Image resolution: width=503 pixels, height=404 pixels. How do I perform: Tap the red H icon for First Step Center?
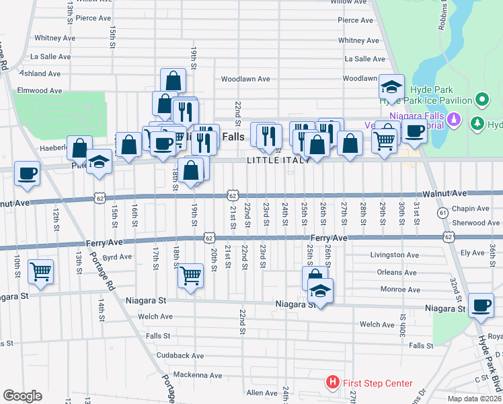point(332,383)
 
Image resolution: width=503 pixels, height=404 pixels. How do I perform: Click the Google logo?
point(23,395)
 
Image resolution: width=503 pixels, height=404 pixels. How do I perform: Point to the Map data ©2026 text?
point(474,399)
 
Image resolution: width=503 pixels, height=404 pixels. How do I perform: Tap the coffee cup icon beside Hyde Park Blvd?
point(481,304)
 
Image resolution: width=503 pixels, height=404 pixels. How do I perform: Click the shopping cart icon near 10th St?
point(41,271)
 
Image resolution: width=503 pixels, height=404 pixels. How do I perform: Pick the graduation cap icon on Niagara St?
point(320,292)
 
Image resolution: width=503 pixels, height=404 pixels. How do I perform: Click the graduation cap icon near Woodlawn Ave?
point(391,86)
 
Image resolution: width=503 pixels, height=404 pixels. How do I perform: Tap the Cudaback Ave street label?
point(180,355)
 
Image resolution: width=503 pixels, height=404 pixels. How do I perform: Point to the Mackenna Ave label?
point(197,375)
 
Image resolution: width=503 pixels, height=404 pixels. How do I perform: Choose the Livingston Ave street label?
point(395,255)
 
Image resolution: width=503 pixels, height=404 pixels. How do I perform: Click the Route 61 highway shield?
point(442,213)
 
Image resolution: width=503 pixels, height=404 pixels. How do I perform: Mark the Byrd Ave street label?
point(117,257)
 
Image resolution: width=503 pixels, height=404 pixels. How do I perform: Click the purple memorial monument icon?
point(455,120)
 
